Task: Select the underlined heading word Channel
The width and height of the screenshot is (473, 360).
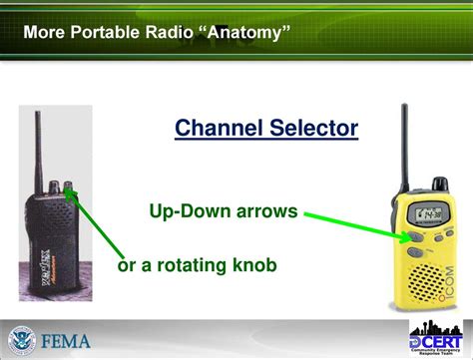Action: pos(219,129)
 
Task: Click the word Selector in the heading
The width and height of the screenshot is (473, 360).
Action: pos(311,129)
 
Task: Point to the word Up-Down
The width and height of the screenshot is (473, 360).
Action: pos(188,211)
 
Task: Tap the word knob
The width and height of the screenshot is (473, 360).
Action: pos(253,265)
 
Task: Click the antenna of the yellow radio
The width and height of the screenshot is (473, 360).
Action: pos(404,140)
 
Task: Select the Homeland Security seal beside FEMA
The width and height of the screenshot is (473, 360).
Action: pos(23,339)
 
